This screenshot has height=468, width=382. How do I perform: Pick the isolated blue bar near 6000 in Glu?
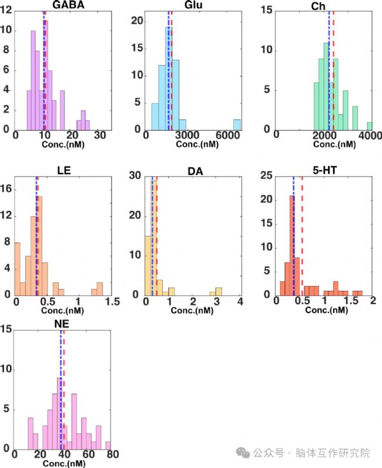(237, 124)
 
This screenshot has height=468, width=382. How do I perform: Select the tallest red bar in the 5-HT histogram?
(292, 246)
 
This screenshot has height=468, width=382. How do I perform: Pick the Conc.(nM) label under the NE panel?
(62, 463)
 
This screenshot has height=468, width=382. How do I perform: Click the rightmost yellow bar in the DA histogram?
(219, 291)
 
